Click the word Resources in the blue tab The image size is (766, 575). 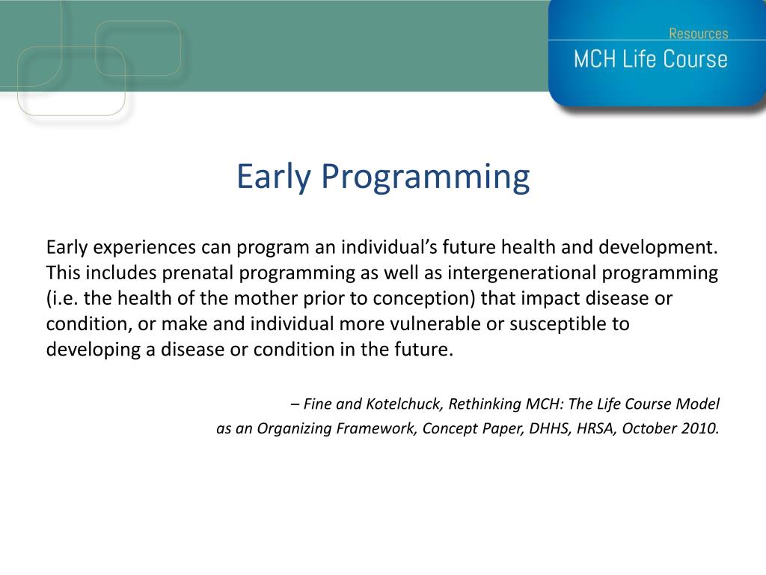click(x=698, y=33)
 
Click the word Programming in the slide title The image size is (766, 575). click(x=425, y=177)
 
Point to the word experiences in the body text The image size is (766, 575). click(x=144, y=248)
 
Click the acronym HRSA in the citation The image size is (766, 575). click(x=596, y=428)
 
